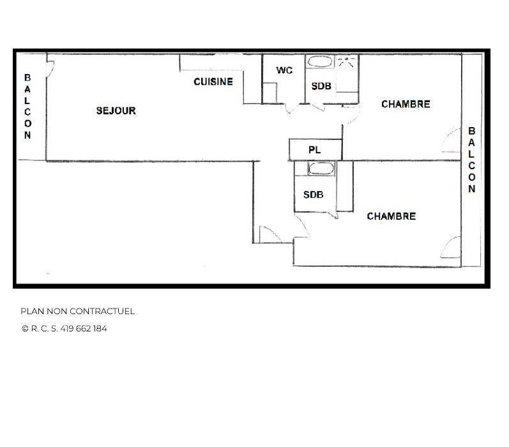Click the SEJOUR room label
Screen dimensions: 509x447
pyautogui.click(x=116, y=110)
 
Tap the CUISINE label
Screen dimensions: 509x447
pyautogui.click(x=213, y=82)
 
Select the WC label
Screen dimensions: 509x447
pyautogui.click(x=284, y=70)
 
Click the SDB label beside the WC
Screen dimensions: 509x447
pyautogui.click(x=321, y=86)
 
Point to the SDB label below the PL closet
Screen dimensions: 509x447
pyautogui.click(x=314, y=195)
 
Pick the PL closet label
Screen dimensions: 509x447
pyautogui.click(x=315, y=150)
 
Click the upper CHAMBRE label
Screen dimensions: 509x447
pyautogui.click(x=406, y=104)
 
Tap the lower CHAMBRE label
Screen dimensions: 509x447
pyautogui.click(x=391, y=216)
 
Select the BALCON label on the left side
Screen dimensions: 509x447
pyautogui.click(x=27, y=107)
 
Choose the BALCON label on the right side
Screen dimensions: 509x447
pyautogui.click(x=472, y=160)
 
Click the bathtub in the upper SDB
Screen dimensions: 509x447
pyautogui.click(x=320, y=62)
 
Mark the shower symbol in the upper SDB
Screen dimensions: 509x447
pyautogui.click(x=347, y=62)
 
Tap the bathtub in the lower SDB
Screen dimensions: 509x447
pyautogui.click(x=321, y=169)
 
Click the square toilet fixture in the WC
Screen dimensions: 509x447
pyautogui.click(x=270, y=93)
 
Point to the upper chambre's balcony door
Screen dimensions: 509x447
pyautogui.click(x=452, y=140)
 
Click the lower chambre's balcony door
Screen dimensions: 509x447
pyautogui.click(x=451, y=247)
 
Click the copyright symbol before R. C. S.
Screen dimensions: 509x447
pyautogui.click(x=25, y=328)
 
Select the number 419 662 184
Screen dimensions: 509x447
pyautogui.click(x=84, y=328)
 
